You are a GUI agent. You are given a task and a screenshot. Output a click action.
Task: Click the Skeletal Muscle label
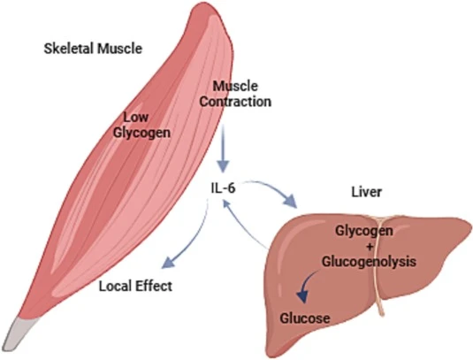93,49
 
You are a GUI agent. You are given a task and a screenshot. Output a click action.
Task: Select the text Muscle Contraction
235,94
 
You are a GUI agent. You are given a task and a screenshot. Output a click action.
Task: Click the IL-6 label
223,188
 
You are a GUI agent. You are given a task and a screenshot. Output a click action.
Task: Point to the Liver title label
367,192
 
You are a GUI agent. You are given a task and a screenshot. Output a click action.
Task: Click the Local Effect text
136,286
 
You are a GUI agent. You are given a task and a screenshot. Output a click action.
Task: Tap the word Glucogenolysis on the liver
369,261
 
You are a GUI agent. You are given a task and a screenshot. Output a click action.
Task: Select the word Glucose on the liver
305,318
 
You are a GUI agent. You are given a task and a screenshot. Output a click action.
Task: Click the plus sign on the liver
370,246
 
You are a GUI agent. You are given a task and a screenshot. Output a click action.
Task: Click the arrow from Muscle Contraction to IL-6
224,148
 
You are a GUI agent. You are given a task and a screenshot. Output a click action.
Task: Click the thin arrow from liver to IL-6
241,223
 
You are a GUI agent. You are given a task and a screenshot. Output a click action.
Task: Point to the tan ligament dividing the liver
379,265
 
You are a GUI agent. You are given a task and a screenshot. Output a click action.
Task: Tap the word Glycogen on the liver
364,231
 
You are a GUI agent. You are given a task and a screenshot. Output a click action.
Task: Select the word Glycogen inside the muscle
141,133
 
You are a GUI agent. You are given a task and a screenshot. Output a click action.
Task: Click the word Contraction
235,102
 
